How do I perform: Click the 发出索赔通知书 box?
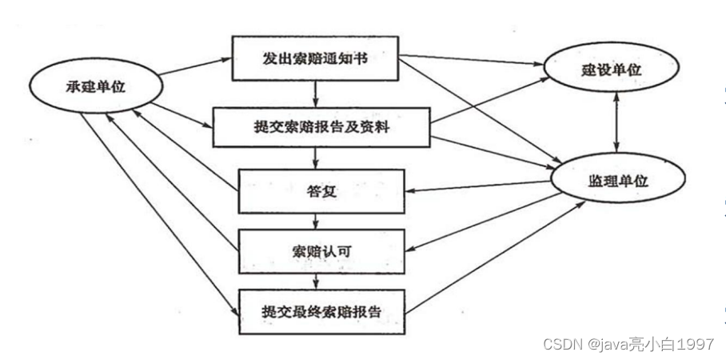tap(315, 58)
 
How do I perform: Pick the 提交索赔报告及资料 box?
tap(321, 126)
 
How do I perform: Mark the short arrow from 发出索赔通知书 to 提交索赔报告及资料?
tap(317, 93)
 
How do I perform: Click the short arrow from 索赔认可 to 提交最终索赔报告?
tap(317, 280)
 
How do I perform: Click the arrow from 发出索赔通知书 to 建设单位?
tap(472, 61)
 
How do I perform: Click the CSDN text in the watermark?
tap(563, 344)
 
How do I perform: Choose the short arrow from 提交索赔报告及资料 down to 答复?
tap(317, 159)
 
